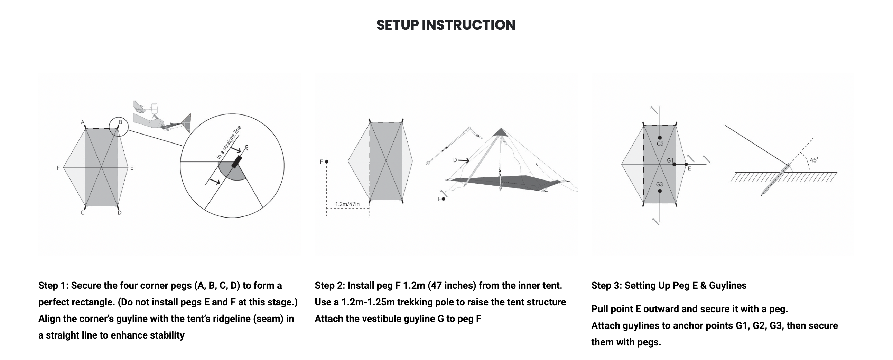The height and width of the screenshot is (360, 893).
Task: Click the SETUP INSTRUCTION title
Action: click(446, 25)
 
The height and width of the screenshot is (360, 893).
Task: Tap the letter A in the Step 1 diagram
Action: click(83, 122)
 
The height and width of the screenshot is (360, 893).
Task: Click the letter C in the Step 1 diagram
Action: click(83, 213)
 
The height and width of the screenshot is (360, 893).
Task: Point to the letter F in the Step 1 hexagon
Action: click(58, 168)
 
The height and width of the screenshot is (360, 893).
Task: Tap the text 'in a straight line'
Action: click(229, 142)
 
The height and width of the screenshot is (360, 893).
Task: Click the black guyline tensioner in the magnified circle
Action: click(237, 162)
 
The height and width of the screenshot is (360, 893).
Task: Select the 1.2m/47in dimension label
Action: click(347, 204)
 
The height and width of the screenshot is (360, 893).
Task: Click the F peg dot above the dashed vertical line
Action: click(327, 161)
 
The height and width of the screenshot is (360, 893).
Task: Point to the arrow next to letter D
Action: click(464, 160)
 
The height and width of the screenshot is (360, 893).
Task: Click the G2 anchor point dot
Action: click(660, 138)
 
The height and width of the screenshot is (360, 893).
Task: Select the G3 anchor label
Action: click(659, 185)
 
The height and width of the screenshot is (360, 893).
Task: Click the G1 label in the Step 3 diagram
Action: click(670, 160)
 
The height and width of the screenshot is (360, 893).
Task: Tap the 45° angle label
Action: click(814, 160)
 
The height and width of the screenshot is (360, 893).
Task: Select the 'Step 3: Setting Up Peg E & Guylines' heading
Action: click(669, 285)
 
